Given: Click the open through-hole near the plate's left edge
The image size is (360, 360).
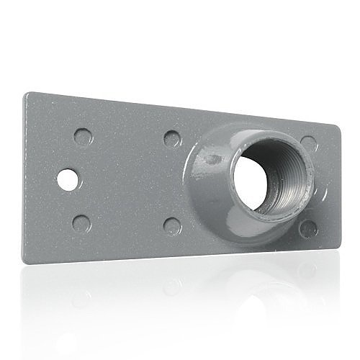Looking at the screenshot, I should pos(68,179).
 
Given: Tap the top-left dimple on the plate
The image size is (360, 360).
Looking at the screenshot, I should pos(83,136).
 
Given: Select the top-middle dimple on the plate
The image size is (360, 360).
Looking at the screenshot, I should pos(171,138).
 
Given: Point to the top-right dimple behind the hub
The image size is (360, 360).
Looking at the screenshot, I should pos(308,143).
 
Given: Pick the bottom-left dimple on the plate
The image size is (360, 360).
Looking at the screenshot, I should pos(81,223).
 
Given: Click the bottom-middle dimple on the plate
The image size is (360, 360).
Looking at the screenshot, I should pos(172,225).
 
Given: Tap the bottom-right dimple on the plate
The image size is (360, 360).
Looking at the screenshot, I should pos(308,228).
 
